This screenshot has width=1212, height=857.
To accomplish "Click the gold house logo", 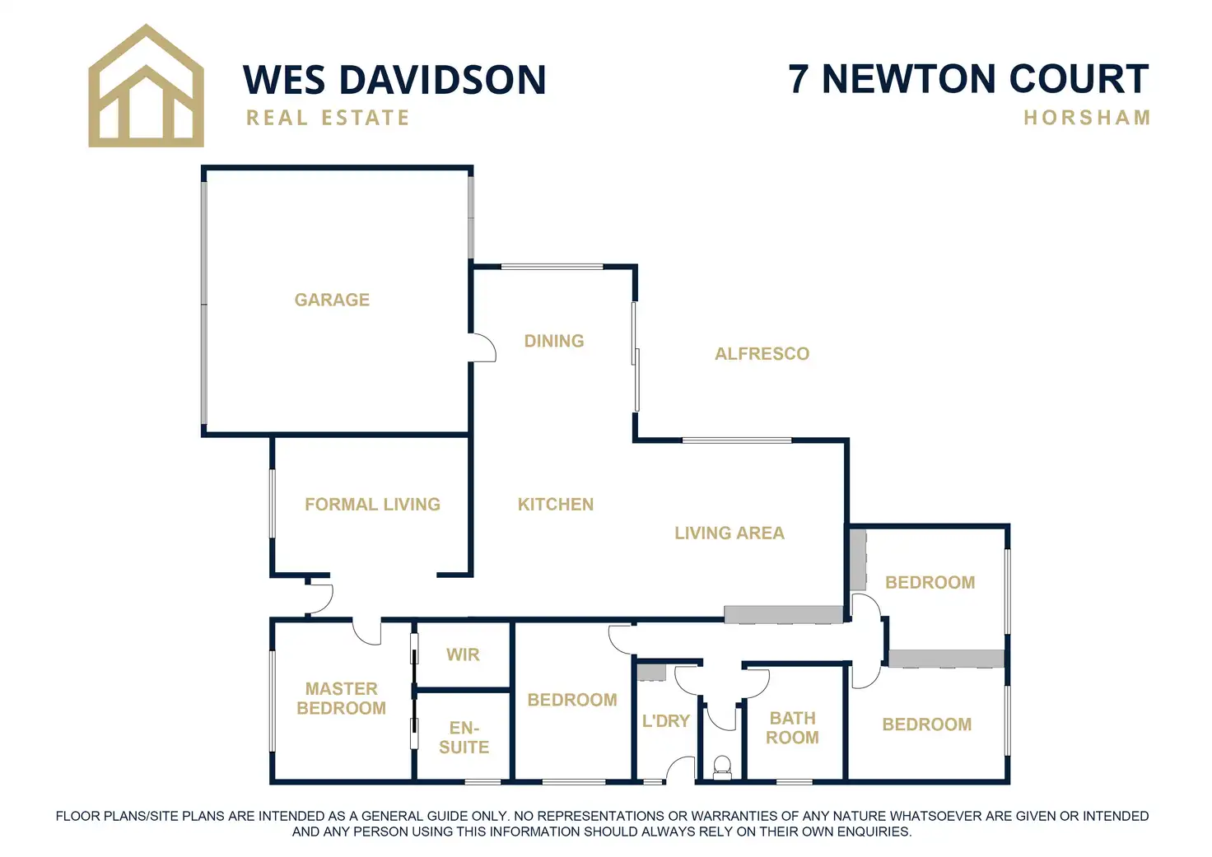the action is (x=146, y=87).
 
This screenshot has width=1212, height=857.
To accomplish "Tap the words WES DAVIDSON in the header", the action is (x=394, y=80).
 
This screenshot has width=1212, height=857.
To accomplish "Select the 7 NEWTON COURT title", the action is (x=968, y=79).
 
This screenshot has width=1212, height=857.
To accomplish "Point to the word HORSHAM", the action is (x=1087, y=118).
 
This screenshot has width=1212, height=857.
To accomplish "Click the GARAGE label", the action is (x=332, y=300).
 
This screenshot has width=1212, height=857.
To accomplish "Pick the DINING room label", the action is (x=554, y=341).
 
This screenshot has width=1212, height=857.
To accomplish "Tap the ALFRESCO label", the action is (x=762, y=354).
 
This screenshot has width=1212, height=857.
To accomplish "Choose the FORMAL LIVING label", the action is (x=372, y=504).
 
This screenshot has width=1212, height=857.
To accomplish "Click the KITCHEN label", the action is (x=556, y=504).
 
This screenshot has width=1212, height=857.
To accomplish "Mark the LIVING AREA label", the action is (x=730, y=533).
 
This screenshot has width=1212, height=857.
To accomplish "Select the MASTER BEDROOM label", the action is (x=341, y=698).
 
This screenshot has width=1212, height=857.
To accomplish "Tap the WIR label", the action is (x=463, y=654).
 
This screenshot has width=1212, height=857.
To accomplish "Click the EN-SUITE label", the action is (x=464, y=738).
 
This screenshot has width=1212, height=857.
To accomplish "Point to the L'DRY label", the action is (x=665, y=721).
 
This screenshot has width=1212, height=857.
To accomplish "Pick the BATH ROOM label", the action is (x=792, y=728).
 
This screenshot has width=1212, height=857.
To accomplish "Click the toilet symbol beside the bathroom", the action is (x=722, y=767).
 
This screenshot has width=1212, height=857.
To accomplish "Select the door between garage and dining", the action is (x=482, y=347).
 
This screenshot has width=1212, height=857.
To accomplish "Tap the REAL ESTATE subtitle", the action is (x=328, y=119).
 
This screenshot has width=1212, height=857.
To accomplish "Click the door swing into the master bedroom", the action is (x=367, y=631).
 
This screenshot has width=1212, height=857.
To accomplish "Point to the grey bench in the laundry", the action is (x=651, y=672).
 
